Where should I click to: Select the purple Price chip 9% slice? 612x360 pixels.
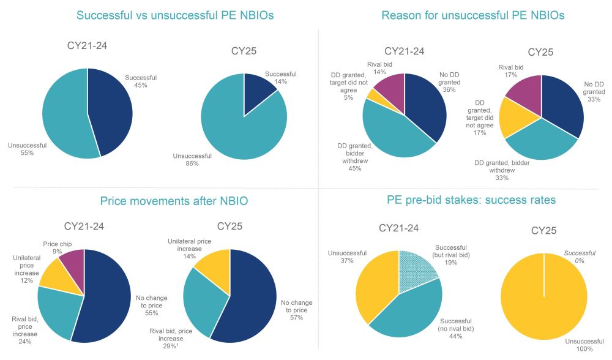72,260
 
